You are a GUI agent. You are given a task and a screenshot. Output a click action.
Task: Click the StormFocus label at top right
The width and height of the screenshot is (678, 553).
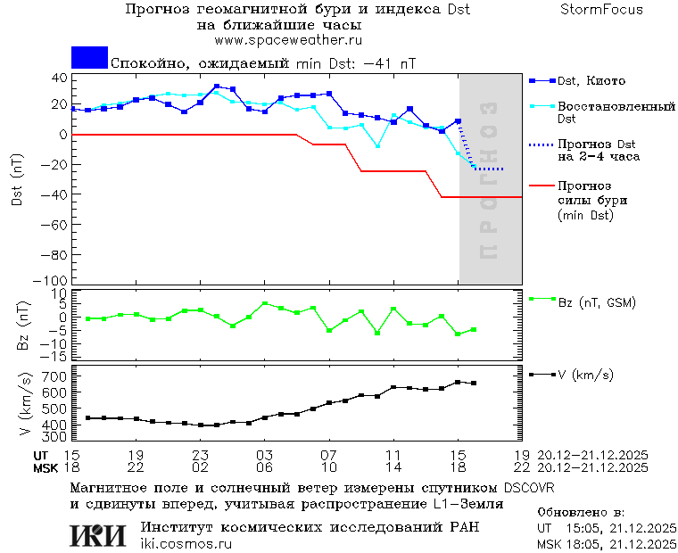pos(602,10)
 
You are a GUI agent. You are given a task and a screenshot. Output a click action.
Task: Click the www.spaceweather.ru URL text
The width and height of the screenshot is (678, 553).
pos(288,40)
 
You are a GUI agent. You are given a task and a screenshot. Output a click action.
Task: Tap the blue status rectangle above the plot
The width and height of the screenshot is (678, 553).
pos(89,57)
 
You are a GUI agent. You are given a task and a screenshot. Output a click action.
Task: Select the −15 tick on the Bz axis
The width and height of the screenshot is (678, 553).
pos(56,356)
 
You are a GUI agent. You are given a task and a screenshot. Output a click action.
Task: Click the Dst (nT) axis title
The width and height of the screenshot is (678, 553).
pos(17,179)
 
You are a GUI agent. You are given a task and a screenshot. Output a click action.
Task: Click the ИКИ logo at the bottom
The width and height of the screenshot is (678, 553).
pos(100,534)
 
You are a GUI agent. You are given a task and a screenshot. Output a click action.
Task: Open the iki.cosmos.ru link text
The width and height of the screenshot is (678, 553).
pos(186,544)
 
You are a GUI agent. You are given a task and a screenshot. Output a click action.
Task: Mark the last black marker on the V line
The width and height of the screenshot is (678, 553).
pos(474,384)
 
